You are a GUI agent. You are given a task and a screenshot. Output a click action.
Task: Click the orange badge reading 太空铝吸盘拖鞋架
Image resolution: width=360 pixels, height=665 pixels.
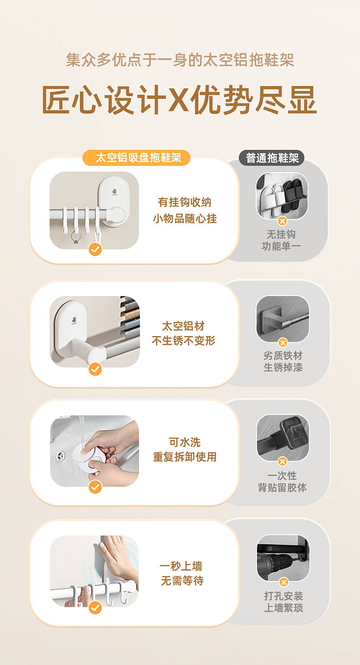point(136,158)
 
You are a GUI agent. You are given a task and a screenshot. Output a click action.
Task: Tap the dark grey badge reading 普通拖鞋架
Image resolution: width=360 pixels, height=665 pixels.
point(272,158)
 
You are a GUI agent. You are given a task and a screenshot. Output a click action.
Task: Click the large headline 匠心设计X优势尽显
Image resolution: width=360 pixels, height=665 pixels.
point(179,100)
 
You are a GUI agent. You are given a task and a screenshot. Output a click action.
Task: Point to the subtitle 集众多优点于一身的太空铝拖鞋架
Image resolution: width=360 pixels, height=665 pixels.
point(180,60)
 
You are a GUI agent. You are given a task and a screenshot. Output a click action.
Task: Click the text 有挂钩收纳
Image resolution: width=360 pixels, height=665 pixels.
point(185,202)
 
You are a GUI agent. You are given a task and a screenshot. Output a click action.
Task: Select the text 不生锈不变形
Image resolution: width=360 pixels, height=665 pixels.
point(184,341)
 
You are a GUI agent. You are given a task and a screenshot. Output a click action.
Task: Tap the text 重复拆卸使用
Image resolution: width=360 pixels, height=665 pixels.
point(185,456)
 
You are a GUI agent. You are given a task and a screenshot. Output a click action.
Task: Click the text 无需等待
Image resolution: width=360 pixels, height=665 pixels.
point(182,580)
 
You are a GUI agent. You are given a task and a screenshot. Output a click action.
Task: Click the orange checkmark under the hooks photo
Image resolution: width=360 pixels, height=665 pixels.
point(95,250)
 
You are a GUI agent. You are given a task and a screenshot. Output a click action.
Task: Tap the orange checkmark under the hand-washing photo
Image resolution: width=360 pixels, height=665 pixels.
point(95,487)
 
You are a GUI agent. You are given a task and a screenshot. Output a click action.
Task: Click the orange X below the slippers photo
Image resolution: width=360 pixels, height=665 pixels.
point(283,221)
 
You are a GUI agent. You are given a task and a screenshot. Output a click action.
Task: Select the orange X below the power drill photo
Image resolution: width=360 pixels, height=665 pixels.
point(283,583)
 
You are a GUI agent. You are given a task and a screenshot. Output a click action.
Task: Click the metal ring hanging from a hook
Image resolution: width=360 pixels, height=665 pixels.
point(76,238)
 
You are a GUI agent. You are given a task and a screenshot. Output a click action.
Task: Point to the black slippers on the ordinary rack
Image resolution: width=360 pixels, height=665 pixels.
point(293,196)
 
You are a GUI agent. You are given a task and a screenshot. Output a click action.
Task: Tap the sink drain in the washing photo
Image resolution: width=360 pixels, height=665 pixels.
point(61,455)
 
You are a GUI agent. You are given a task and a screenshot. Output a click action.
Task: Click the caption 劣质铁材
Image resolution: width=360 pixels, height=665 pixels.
point(283,355)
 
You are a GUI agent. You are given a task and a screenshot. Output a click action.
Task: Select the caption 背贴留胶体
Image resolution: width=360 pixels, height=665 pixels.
point(282,487)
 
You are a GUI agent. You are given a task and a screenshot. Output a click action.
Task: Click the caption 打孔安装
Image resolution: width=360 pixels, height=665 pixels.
point(283,596)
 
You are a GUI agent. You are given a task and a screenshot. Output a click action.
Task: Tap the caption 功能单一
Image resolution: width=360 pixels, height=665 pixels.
point(281,246)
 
